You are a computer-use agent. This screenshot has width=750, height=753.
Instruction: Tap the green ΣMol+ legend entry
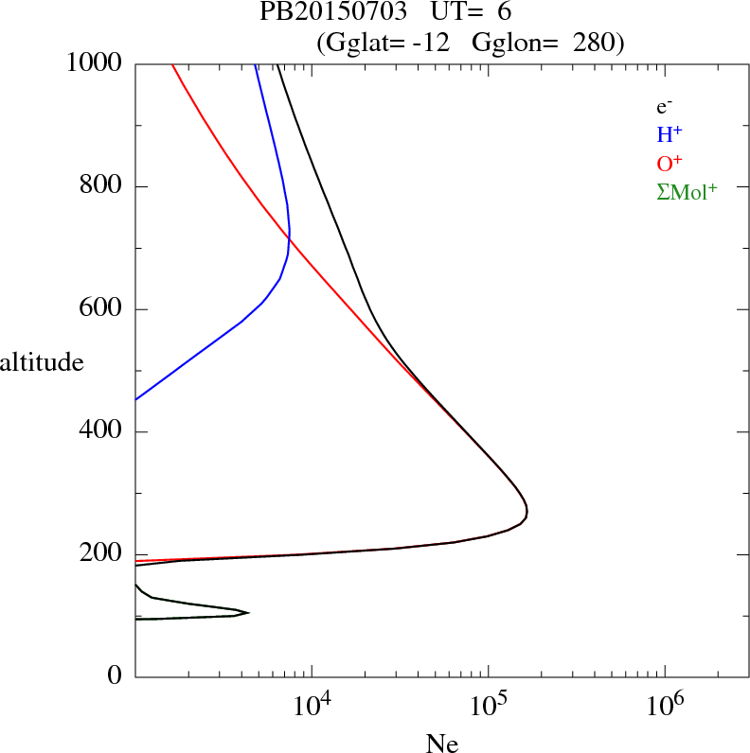(x=687, y=191)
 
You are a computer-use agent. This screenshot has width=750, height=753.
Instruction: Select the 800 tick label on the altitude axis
(x=102, y=186)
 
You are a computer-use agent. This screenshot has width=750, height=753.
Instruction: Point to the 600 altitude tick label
(x=102, y=309)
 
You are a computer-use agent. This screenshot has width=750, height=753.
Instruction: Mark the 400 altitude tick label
(x=102, y=432)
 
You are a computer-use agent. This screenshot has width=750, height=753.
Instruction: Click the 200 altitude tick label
(x=102, y=555)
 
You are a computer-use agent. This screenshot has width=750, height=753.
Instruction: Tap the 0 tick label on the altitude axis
(x=116, y=677)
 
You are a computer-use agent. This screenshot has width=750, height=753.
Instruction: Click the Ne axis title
(x=441, y=743)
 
